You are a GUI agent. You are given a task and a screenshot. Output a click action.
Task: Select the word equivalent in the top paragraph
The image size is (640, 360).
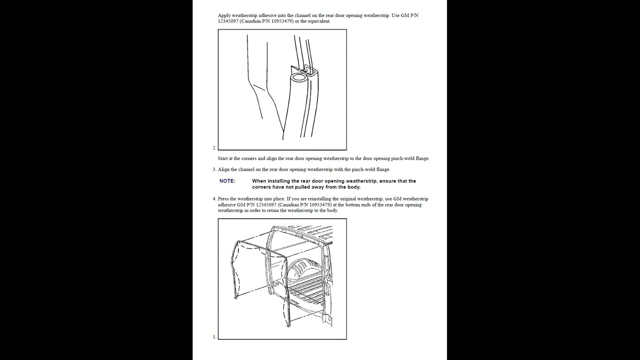coord(319,21)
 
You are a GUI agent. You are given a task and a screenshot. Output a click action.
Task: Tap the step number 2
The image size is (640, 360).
coord(214,147)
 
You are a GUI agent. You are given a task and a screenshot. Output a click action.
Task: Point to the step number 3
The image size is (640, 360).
coord(214,169)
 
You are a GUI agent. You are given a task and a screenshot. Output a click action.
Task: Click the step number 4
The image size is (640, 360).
coord(214,199)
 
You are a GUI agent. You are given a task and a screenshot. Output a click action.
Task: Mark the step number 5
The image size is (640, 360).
coord(214,337)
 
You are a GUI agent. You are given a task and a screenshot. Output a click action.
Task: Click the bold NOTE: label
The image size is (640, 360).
coord(227,181)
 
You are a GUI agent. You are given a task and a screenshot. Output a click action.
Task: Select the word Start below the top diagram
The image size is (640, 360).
coord(223,158)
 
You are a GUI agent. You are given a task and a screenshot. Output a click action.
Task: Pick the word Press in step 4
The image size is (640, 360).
coord(223,199)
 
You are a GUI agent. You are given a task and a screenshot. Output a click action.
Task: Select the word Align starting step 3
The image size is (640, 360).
coord(223,169)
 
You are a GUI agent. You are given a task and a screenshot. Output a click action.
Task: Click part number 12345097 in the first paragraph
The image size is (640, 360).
coord(228,21)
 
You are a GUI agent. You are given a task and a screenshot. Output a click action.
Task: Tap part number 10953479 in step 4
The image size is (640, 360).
coord(319,205)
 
